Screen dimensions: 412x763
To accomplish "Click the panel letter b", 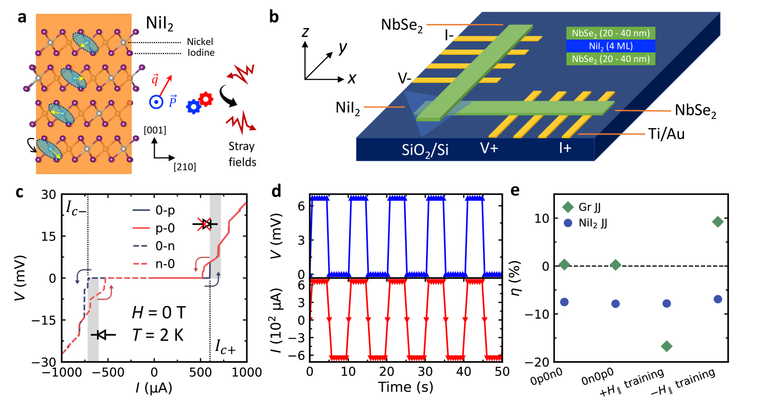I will [274, 17].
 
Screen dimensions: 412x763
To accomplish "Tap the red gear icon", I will [206, 99].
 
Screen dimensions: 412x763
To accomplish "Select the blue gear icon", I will [193, 107].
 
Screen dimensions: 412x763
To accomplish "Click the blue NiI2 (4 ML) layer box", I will [610, 46].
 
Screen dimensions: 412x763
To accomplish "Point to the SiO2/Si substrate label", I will [424, 150].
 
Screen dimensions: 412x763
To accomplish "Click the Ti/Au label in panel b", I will [666, 134].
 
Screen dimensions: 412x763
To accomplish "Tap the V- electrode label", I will [404, 79].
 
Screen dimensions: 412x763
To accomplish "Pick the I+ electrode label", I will [565, 148].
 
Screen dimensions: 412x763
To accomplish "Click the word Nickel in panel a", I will [200, 42].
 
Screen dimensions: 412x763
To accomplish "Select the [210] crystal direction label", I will [185, 167].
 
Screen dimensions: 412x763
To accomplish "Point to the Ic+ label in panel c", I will [225, 347].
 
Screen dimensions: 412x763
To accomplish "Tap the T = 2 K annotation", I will [158, 335].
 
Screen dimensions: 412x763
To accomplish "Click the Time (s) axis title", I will [406, 387].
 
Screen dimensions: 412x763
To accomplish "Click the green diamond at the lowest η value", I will [667, 346].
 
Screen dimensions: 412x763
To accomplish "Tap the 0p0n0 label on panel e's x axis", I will [546, 377].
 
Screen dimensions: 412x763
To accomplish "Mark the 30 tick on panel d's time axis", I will [425, 372].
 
